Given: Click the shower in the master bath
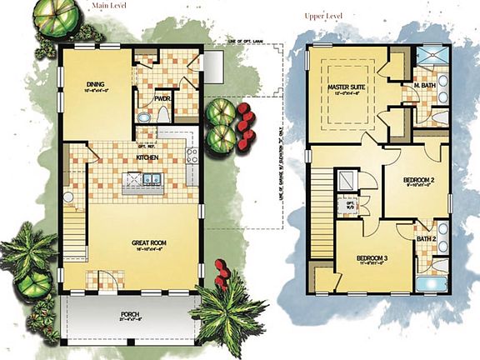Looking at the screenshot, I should coord(432,55).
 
